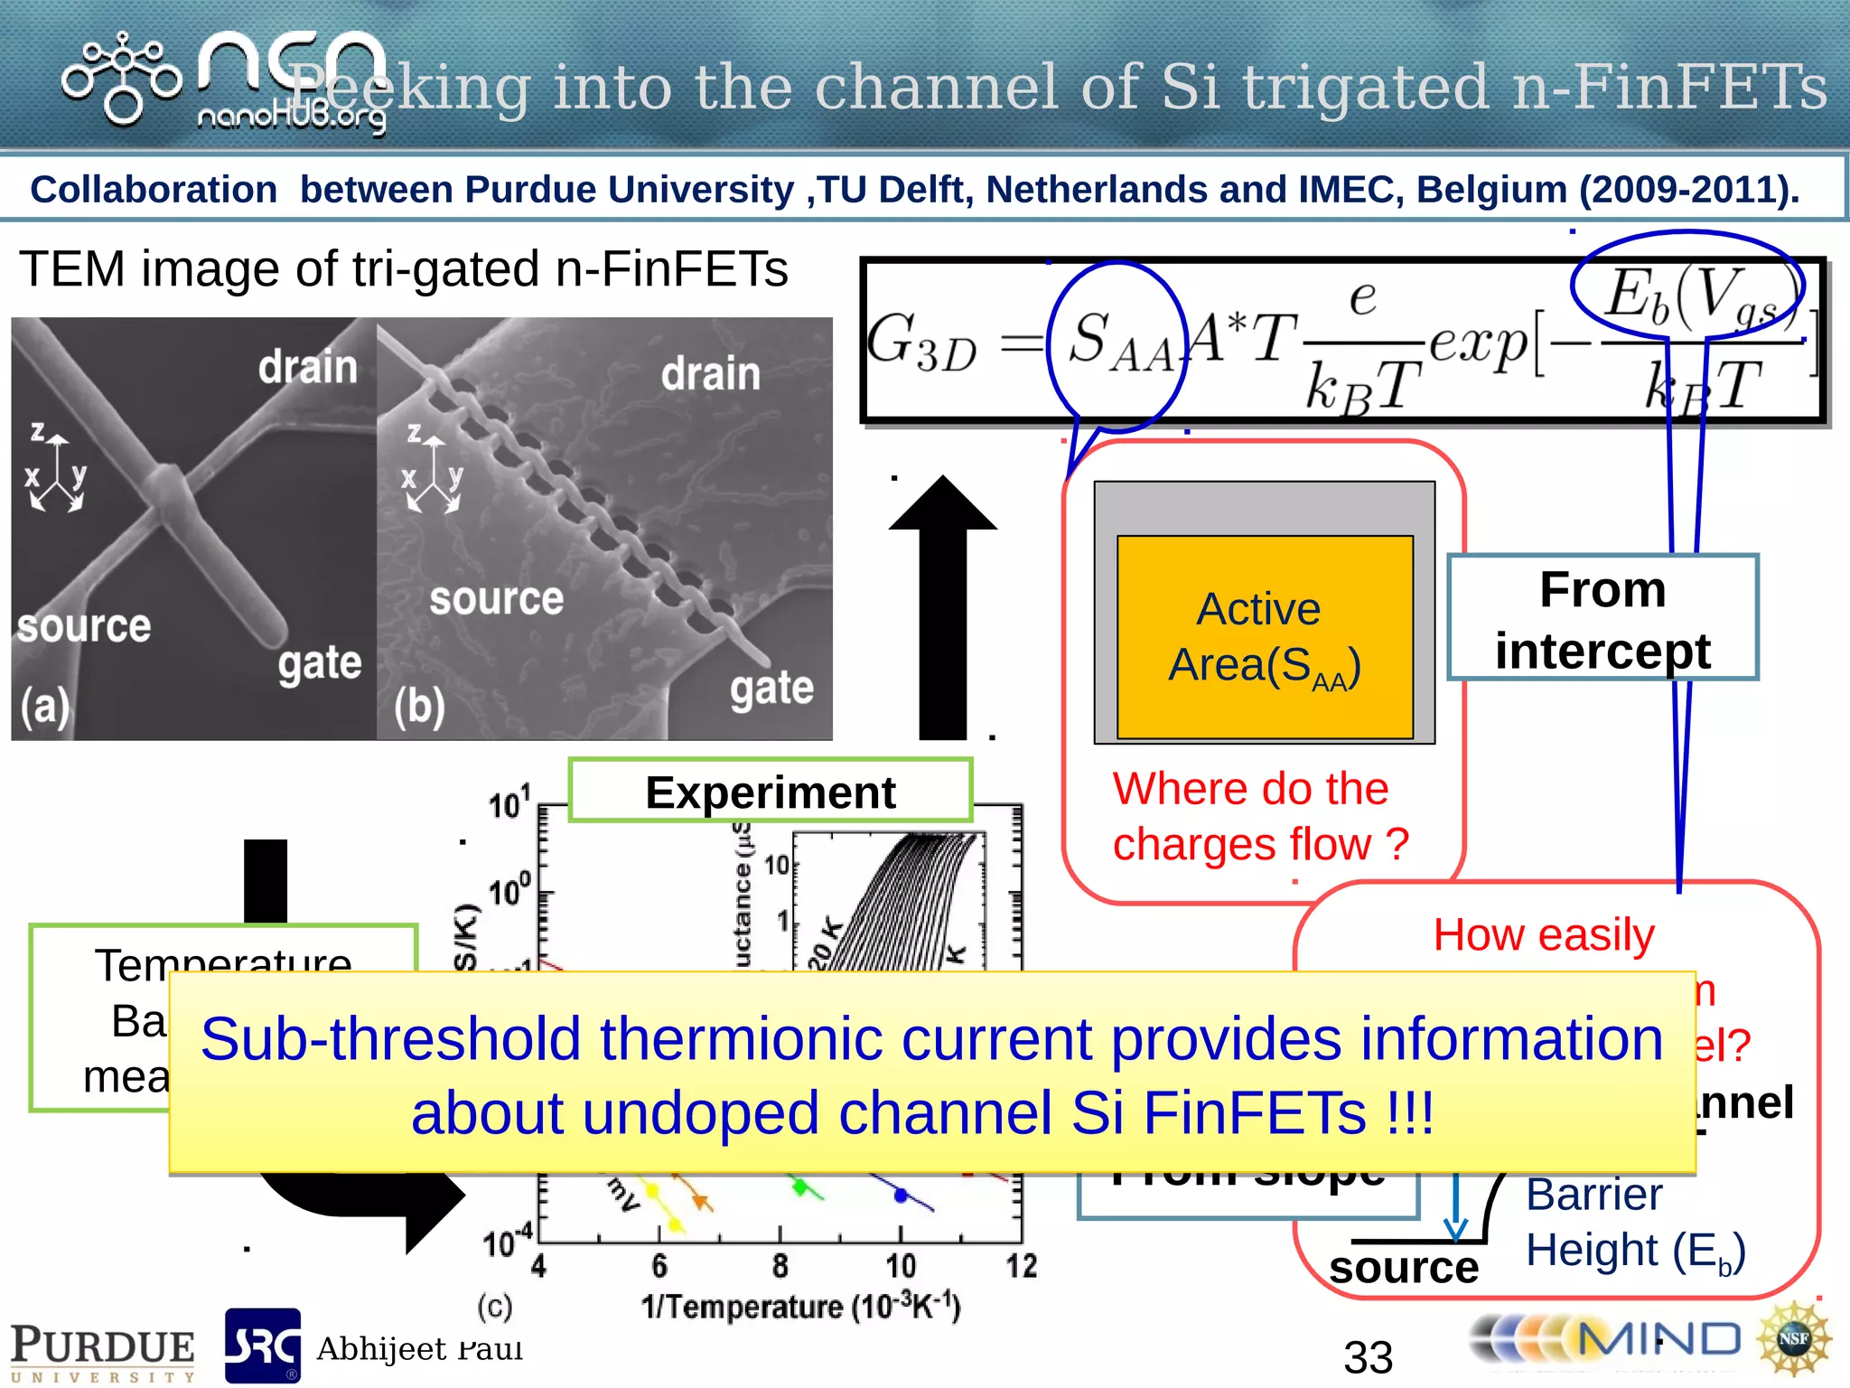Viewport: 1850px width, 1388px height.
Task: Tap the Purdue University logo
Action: tap(102, 1351)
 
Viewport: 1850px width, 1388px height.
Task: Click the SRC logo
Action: tap(262, 1346)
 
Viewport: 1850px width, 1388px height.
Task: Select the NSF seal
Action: tap(1793, 1338)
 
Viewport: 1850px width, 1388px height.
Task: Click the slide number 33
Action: tap(1368, 1356)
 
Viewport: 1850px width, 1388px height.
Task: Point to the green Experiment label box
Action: tap(770, 791)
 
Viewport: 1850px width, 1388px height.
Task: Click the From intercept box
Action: tap(1602, 618)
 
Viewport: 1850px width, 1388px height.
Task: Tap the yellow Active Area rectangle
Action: tap(1265, 637)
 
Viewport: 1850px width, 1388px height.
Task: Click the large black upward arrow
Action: tap(943, 605)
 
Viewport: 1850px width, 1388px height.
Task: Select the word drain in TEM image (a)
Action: tap(308, 367)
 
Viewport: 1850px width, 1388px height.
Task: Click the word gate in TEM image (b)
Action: tap(772, 688)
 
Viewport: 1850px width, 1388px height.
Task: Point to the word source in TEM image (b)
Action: tap(496, 598)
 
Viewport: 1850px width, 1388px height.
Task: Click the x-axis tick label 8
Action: tap(780, 1265)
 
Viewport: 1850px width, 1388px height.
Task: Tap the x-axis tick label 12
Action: tap(1022, 1265)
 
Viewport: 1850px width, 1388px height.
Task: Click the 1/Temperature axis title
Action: tap(800, 1307)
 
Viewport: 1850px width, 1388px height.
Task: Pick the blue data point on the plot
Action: tap(900, 1195)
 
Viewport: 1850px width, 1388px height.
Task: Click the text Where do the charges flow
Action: tap(1260, 816)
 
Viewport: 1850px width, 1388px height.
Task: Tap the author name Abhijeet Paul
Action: tap(419, 1348)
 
